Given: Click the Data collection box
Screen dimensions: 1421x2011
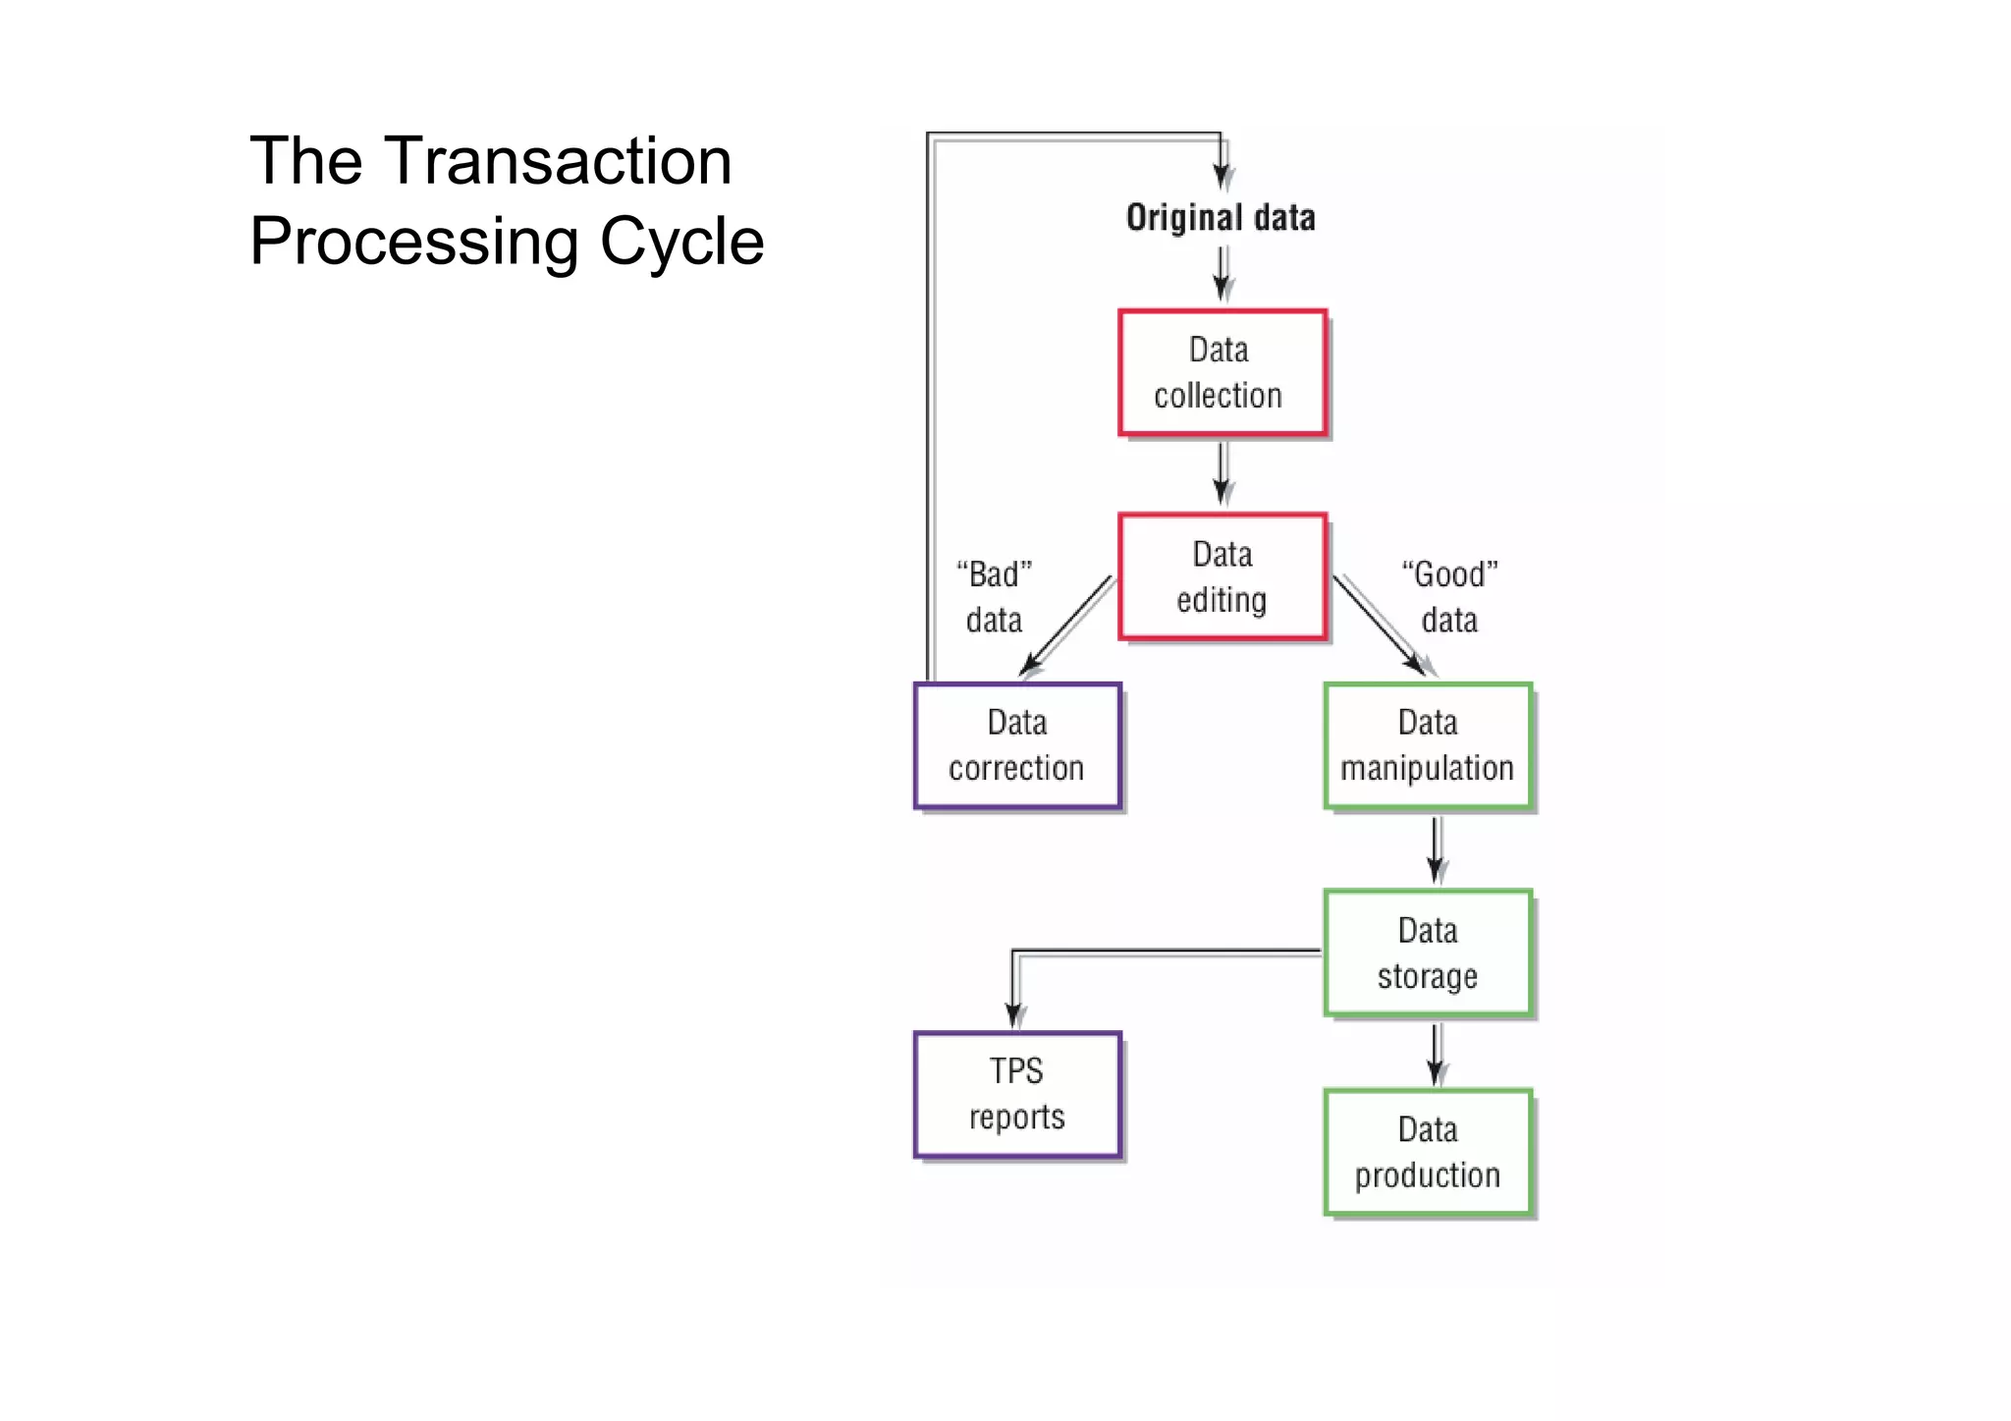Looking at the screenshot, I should (1222, 373).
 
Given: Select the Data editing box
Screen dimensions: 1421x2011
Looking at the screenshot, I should (1222, 577).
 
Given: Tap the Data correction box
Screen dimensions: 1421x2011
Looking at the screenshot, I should (1017, 746).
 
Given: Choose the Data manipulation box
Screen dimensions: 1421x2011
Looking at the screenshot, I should (1427, 746).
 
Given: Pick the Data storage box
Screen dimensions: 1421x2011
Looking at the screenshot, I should (1427, 953).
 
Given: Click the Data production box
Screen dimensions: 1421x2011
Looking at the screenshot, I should (1427, 1152).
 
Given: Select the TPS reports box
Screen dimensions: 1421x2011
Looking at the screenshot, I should (1017, 1094).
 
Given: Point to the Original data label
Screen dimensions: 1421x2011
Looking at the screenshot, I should (1221, 217).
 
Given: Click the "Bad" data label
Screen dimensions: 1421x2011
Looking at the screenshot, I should (994, 597).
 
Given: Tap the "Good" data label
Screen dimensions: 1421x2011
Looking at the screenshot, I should (1449, 597).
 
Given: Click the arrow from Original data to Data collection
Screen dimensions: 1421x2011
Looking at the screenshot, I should (1222, 274).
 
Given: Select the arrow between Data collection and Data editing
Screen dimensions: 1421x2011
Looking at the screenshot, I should (1222, 473).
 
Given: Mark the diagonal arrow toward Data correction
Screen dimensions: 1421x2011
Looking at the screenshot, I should (1067, 626).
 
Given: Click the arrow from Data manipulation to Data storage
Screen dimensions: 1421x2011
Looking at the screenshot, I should (1435, 849).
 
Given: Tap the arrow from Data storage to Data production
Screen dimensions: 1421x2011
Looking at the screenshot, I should (1435, 1053).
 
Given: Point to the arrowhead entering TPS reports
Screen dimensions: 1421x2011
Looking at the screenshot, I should (1014, 1015).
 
